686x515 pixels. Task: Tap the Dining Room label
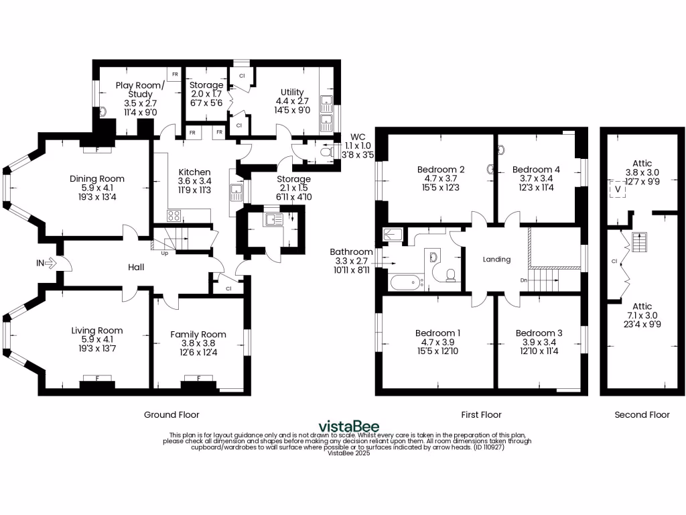97,178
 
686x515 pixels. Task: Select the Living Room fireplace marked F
96,379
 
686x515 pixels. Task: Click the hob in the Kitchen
174,216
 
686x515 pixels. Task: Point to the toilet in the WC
326,153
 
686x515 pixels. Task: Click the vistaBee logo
348,426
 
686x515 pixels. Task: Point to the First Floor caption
482,414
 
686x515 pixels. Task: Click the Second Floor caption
642,414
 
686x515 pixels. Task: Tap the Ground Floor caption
171,414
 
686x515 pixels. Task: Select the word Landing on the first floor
496,260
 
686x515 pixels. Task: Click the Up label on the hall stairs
164,253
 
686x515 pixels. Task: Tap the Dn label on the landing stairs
525,280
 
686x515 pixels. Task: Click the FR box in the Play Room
174,74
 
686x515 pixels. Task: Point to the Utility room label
292,92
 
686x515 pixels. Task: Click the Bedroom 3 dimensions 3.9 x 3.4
539,343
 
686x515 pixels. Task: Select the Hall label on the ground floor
137,267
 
